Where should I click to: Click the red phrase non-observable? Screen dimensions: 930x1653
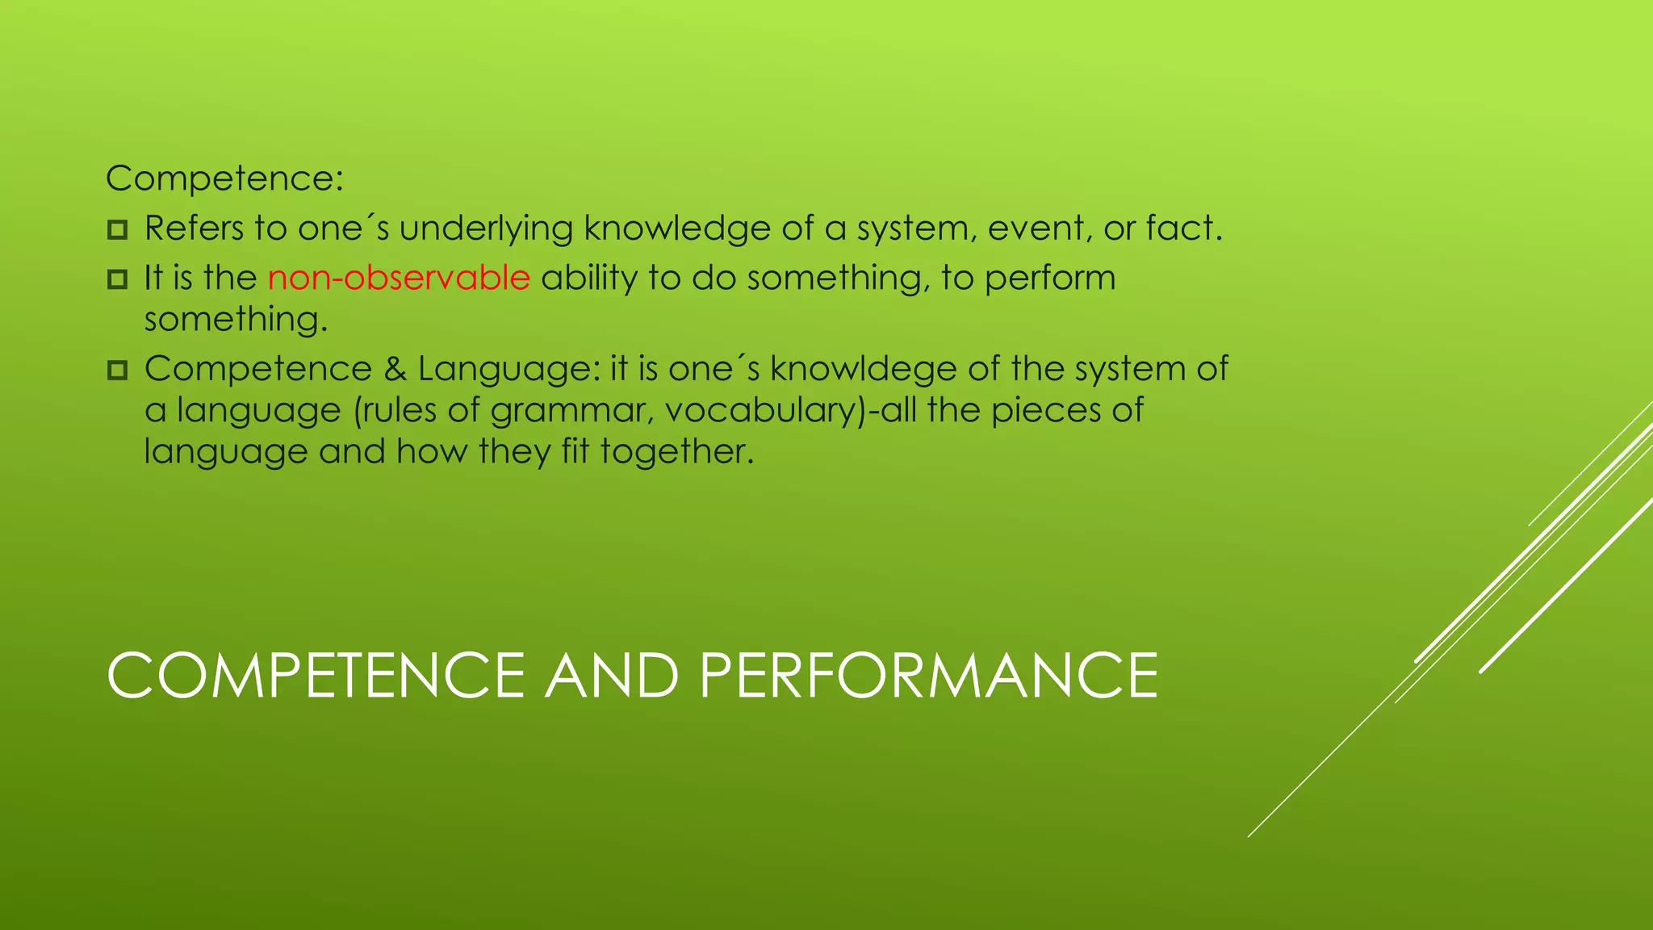(x=399, y=278)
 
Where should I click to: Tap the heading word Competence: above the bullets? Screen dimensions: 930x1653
(x=224, y=178)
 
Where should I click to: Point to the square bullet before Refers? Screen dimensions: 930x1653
(x=117, y=230)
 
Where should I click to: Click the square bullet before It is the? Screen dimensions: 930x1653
(x=117, y=279)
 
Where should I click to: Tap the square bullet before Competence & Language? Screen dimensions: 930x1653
(x=117, y=371)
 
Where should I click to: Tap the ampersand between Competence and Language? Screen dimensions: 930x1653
(x=395, y=369)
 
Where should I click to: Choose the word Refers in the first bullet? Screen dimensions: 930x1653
(x=194, y=228)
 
